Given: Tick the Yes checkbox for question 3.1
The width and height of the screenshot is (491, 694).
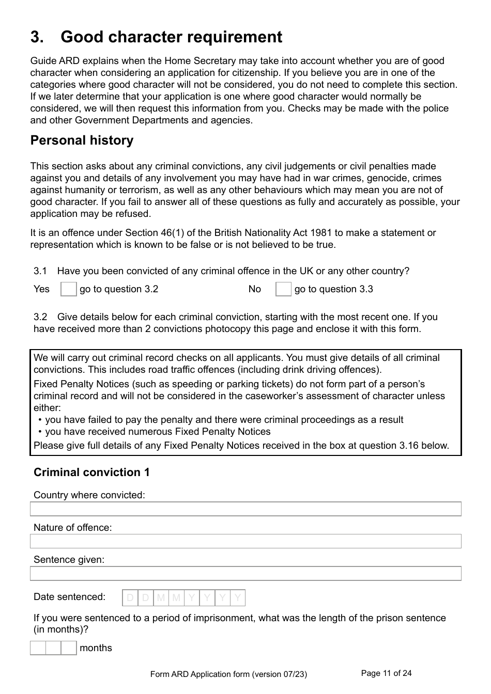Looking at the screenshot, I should pos(68,289).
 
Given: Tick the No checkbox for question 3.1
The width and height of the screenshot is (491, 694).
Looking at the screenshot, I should pos(283,289).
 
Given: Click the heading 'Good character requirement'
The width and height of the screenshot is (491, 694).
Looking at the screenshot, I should pos(171,37).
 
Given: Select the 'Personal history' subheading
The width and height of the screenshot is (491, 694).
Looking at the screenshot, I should pos(82,140).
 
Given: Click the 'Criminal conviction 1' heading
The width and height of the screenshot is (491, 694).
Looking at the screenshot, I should pos(91,472).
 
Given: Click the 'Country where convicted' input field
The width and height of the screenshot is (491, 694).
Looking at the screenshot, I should pos(245,509).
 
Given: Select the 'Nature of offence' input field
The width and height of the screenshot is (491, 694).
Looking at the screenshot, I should pos(245,541).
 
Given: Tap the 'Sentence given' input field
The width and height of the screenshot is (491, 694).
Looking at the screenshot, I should pos(245,574).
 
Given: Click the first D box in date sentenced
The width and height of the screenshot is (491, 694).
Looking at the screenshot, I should pos(130,598).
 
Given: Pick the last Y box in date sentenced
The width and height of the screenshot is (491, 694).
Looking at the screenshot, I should pos(238,598).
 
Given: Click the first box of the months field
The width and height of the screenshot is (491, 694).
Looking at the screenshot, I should pos(38,648).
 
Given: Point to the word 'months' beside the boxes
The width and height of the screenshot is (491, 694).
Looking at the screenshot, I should pos(96,648).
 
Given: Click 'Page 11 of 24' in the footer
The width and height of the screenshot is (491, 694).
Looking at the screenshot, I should pos(386,673).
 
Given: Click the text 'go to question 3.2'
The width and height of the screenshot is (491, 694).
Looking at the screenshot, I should pos(119,289).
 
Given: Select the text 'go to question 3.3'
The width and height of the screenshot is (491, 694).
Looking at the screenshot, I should pos(333,289).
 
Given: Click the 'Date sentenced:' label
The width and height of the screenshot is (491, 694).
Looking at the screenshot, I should pos(69,597).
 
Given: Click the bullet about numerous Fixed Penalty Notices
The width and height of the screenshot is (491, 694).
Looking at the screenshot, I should pos(158,432).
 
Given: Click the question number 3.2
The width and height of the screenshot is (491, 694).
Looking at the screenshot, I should pos(40,317).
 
